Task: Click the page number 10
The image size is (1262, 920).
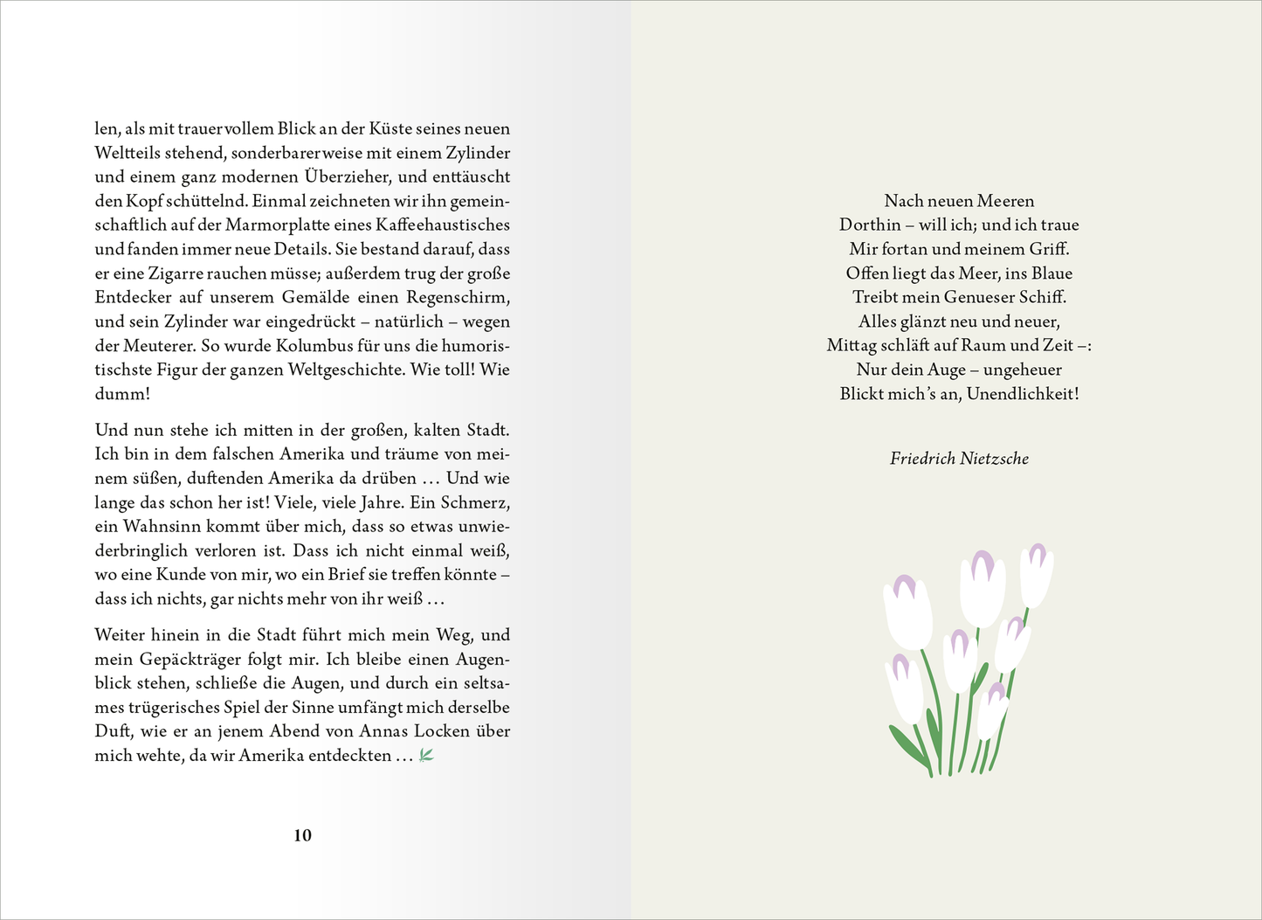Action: click(x=302, y=835)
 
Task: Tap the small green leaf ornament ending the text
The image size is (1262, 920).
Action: click(x=426, y=756)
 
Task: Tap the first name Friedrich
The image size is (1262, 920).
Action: click(x=922, y=458)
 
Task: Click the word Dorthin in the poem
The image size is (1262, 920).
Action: click(x=870, y=225)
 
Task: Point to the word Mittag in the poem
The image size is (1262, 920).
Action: click(x=852, y=345)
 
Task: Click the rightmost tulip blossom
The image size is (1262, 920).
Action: click(x=1037, y=575)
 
